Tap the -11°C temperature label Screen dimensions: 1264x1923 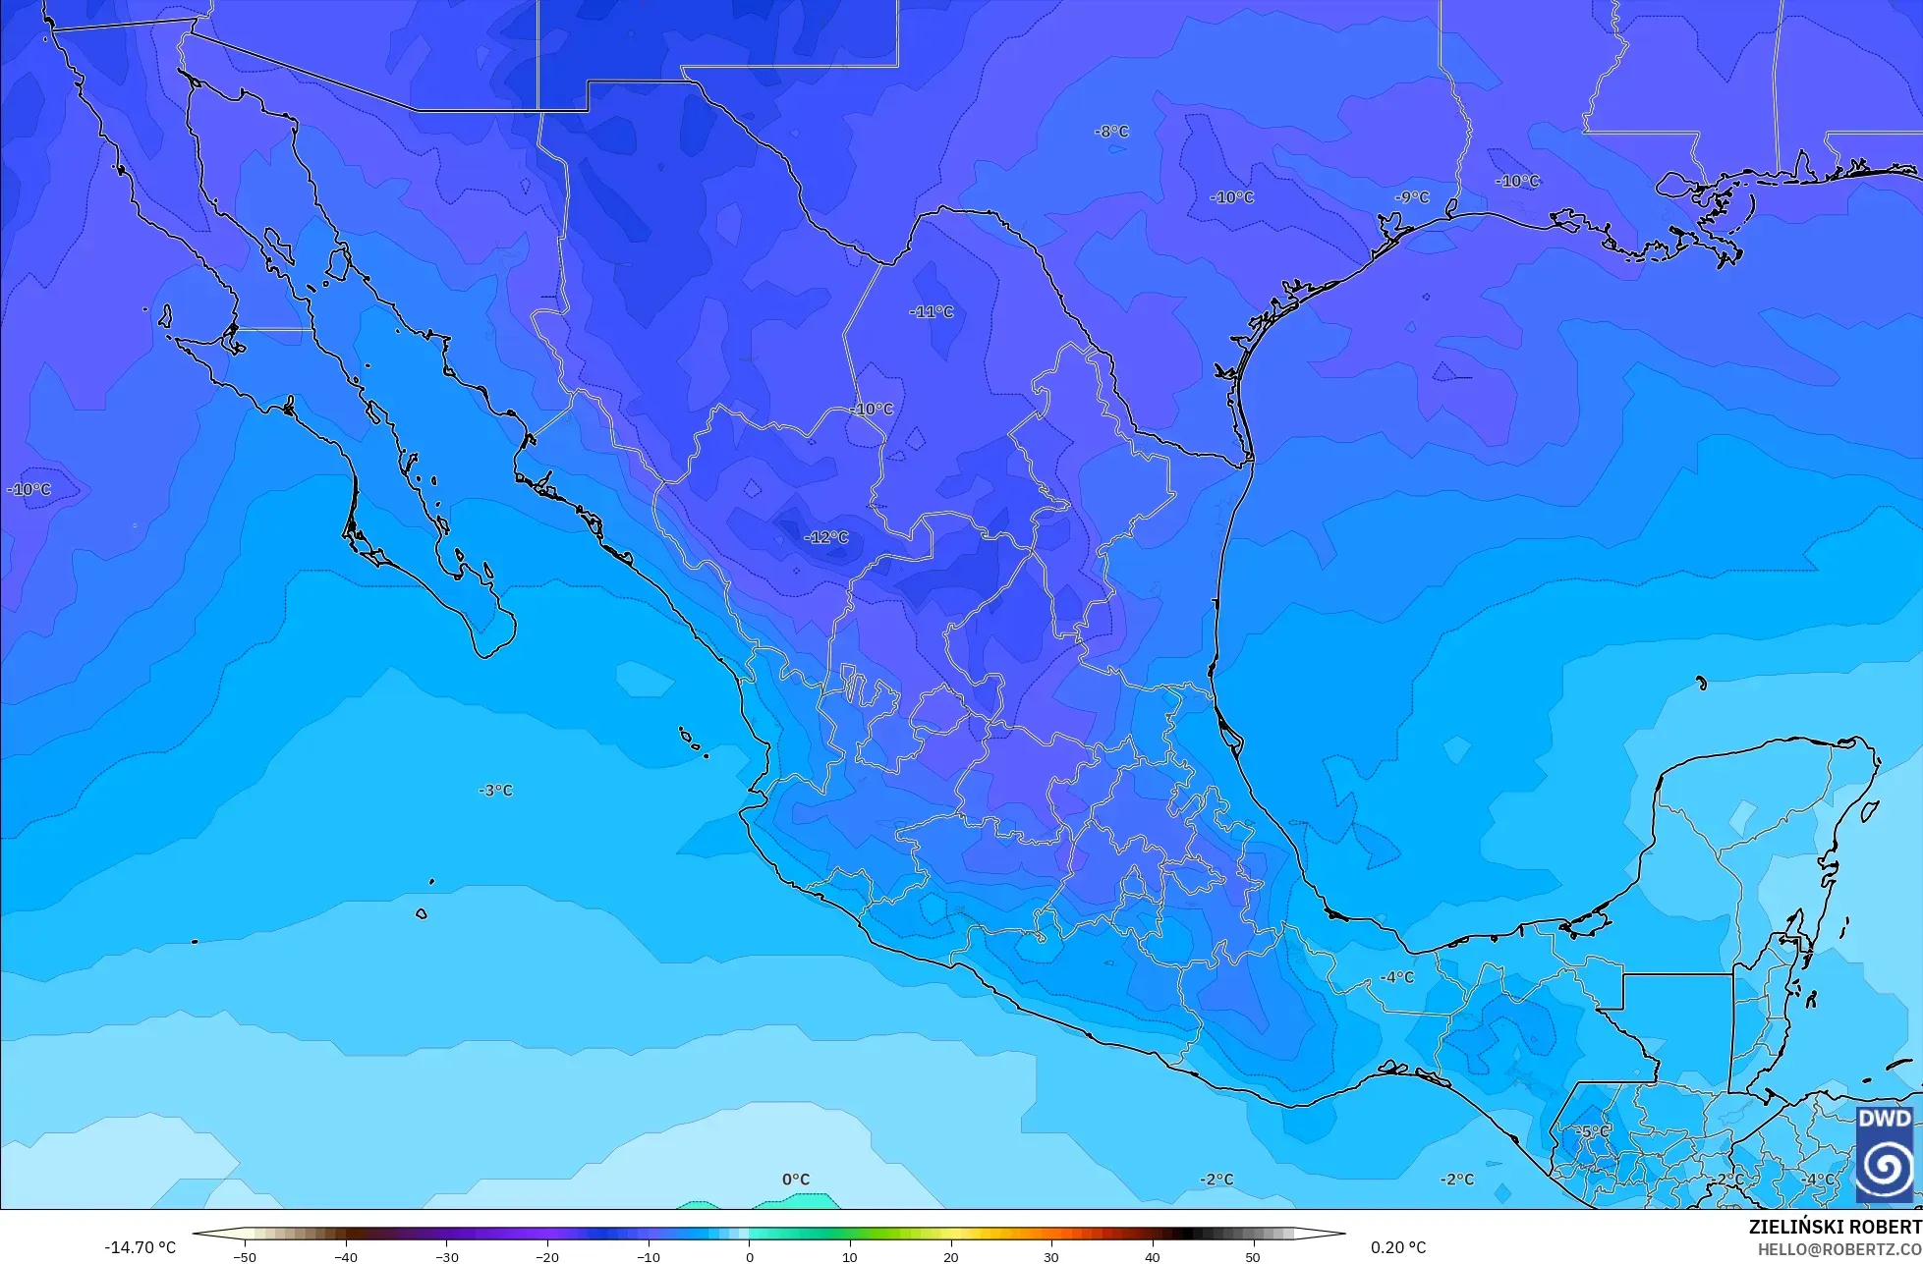pos(932,312)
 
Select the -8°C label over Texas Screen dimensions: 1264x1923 pos(1111,132)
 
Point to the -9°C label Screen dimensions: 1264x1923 pos(1412,197)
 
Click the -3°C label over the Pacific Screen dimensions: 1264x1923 pos(495,791)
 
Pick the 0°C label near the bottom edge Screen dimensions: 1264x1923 pos(796,1180)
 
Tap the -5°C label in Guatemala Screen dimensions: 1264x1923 pos(1593,1131)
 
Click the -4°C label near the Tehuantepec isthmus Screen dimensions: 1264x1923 pos(1396,977)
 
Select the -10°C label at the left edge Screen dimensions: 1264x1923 pos(28,489)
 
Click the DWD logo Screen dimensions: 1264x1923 pos(1885,1153)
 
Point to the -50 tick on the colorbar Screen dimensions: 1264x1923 pos(246,1256)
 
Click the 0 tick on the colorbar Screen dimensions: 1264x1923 pos(749,1256)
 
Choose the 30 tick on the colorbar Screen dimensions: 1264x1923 pos(1050,1256)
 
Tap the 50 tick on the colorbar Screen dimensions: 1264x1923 pos(1252,1256)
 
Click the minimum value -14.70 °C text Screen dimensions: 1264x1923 pos(140,1247)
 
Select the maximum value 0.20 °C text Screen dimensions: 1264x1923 pos(1397,1247)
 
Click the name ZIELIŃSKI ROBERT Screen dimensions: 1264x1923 pos(1835,1227)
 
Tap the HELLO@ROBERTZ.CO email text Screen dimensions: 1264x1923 pos(1839,1248)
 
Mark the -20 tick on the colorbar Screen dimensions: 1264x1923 pos(547,1256)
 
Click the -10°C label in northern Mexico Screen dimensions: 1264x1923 pos(872,409)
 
